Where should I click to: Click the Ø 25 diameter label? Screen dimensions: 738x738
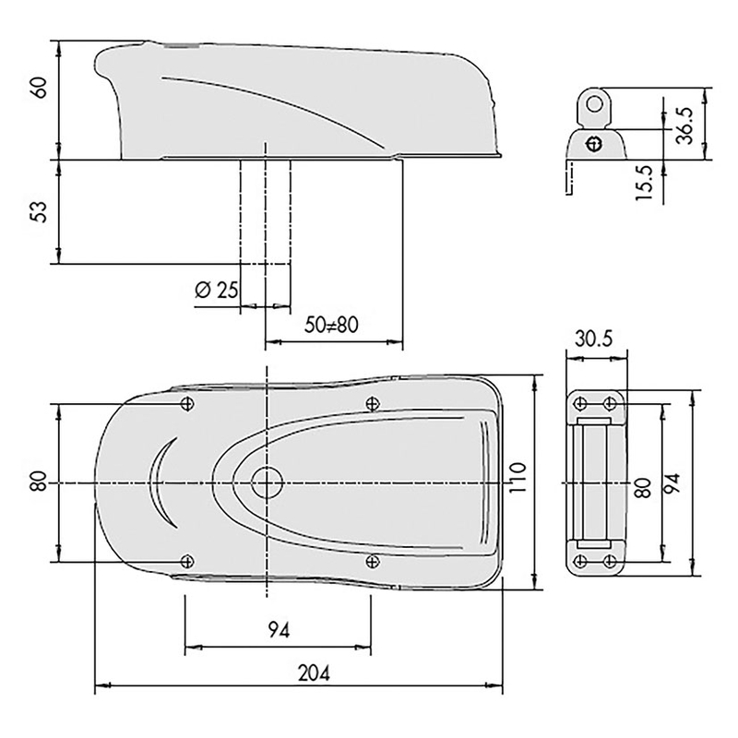coord(218,290)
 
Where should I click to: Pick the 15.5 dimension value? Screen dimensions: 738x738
coord(645,182)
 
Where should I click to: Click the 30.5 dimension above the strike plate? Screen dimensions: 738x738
coord(595,339)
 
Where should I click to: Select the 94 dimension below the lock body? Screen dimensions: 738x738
coord(279,632)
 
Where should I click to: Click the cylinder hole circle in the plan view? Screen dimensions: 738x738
coord(268,481)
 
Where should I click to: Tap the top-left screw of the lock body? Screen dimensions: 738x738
coord(187,403)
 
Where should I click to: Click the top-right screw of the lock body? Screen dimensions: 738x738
coord(372,402)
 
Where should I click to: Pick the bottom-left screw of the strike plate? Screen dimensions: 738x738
coord(580,562)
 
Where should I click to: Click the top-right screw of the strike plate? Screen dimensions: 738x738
coord(610,403)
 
